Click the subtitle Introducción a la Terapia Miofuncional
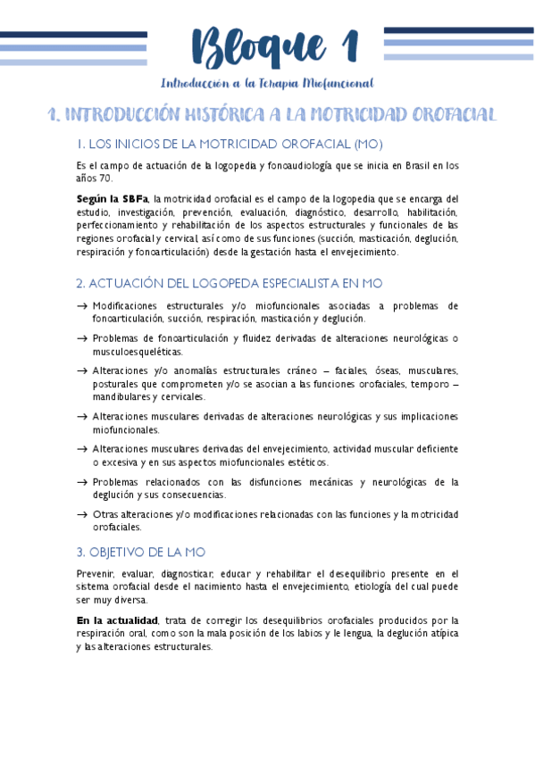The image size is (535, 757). tap(266, 83)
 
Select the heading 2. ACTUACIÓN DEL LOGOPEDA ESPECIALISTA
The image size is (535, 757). tap(230, 283)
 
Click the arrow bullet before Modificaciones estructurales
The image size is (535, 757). tap(82, 305)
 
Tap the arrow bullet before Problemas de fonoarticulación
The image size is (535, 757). tap(82, 338)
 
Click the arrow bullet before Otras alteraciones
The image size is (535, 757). tap(82, 514)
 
